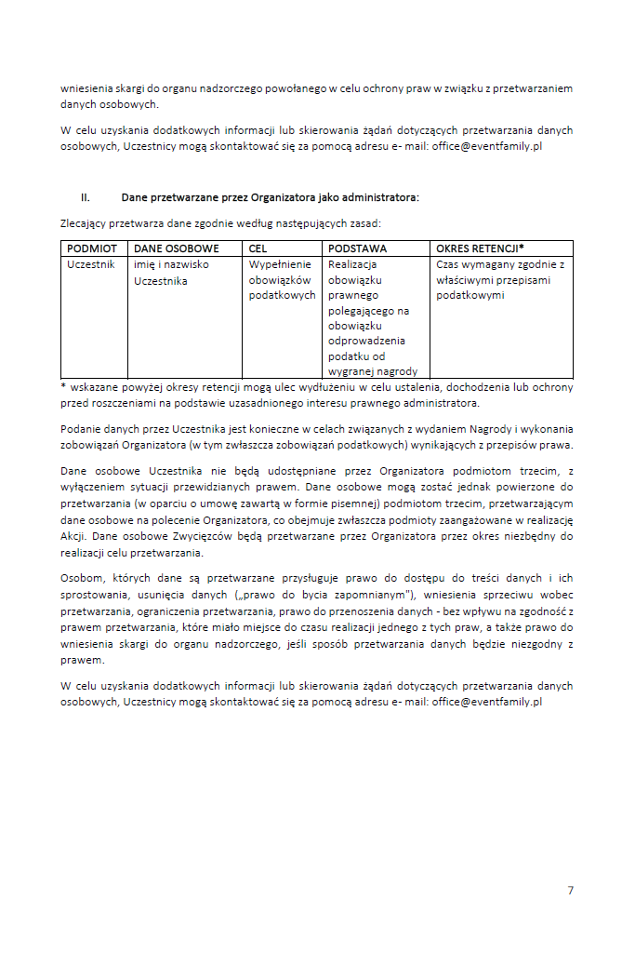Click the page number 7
pyautogui.click(x=570, y=891)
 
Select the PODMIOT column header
pyautogui.click(x=92, y=249)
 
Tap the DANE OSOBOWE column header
pyautogui.click(x=177, y=249)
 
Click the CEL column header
pyautogui.click(x=258, y=249)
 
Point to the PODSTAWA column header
pyautogui.click(x=358, y=249)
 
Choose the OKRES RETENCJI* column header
pyautogui.click(x=480, y=249)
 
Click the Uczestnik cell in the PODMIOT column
pyautogui.click(x=91, y=264)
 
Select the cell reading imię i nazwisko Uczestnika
pyautogui.click(x=172, y=272)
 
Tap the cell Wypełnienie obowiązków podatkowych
pyautogui.click(x=282, y=279)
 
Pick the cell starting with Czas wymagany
pyautogui.click(x=500, y=279)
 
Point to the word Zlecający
pyautogui.click(x=83, y=224)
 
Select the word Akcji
pyautogui.click(x=73, y=536)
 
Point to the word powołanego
pyautogui.click(x=294, y=88)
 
